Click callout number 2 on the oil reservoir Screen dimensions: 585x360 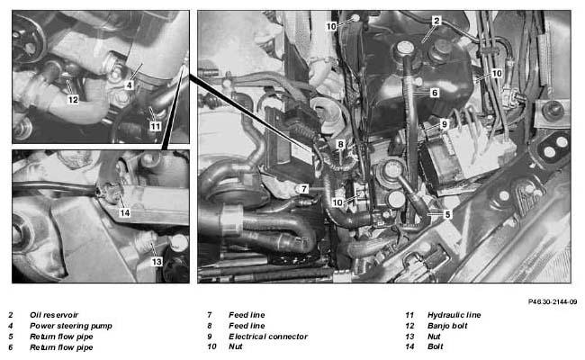[436, 21]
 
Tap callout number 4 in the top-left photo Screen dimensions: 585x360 [129, 85]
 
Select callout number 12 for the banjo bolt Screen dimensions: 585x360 [73, 100]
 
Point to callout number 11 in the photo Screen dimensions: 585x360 [155, 126]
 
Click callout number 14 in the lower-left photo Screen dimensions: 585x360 [124, 212]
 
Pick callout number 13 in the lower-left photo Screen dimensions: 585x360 [157, 262]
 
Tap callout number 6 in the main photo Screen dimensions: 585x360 [435, 93]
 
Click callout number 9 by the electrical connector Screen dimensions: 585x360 [444, 124]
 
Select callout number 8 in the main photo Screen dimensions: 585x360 [340, 144]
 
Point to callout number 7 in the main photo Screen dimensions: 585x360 [304, 189]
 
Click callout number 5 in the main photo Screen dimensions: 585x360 [447, 214]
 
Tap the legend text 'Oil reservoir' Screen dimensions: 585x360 [54, 315]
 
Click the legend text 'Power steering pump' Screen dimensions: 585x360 [71, 326]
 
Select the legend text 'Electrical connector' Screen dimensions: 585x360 [268, 337]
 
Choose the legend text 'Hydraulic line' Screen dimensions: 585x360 [454, 315]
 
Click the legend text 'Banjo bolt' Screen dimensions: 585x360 [447, 326]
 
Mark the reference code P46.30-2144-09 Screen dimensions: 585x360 [553, 301]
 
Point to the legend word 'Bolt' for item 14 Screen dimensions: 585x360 [436, 346]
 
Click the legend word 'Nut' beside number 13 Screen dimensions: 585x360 [434, 337]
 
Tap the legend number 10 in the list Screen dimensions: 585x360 [211, 346]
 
